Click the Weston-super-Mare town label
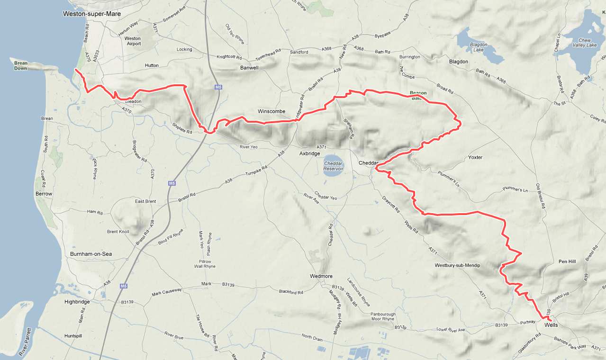[x=92, y=14]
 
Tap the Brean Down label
[x=20, y=65]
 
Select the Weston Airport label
[x=133, y=41]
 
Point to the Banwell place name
[x=249, y=68]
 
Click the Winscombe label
[x=271, y=111]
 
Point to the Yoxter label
[x=475, y=157]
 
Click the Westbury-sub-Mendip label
[x=457, y=265]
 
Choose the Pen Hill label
[x=567, y=261]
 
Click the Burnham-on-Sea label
[x=91, y=254]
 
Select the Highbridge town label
[x=78, y=301]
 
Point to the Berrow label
[x=44, y=194]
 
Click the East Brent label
[x=145, y=201]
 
